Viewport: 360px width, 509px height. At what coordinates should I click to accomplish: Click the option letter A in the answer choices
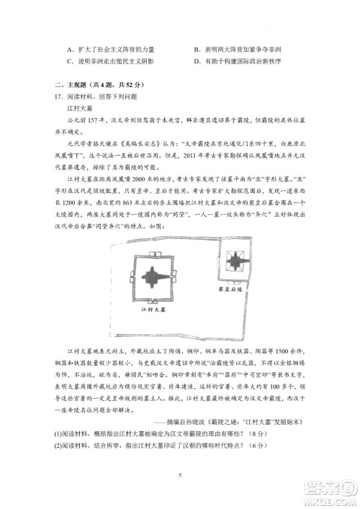tap(67, 50)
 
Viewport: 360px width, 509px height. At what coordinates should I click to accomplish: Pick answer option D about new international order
tap(238, 61)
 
